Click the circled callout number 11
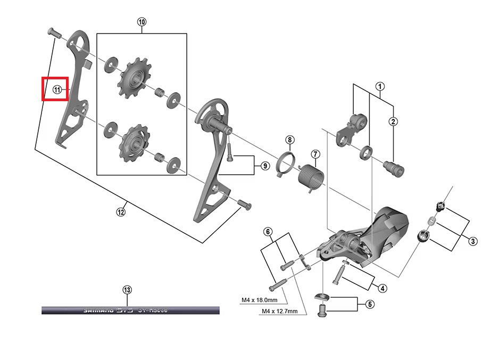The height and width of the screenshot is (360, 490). [57, 89]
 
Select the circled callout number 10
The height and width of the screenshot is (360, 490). [142, 22]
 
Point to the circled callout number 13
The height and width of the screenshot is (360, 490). [126, 290]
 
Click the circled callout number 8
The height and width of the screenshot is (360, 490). [289, 140]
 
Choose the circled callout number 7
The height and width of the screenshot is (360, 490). [315, 154]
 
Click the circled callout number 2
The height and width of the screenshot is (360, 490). [394, 121]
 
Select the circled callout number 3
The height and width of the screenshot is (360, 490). [472, 242]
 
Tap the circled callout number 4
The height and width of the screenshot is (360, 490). [382, 288]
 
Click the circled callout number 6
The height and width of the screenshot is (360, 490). [269, 232]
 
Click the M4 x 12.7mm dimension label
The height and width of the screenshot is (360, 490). [279, 312]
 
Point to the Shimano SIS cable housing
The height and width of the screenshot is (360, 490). [130, 310]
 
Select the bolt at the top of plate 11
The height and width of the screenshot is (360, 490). [53, 31]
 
